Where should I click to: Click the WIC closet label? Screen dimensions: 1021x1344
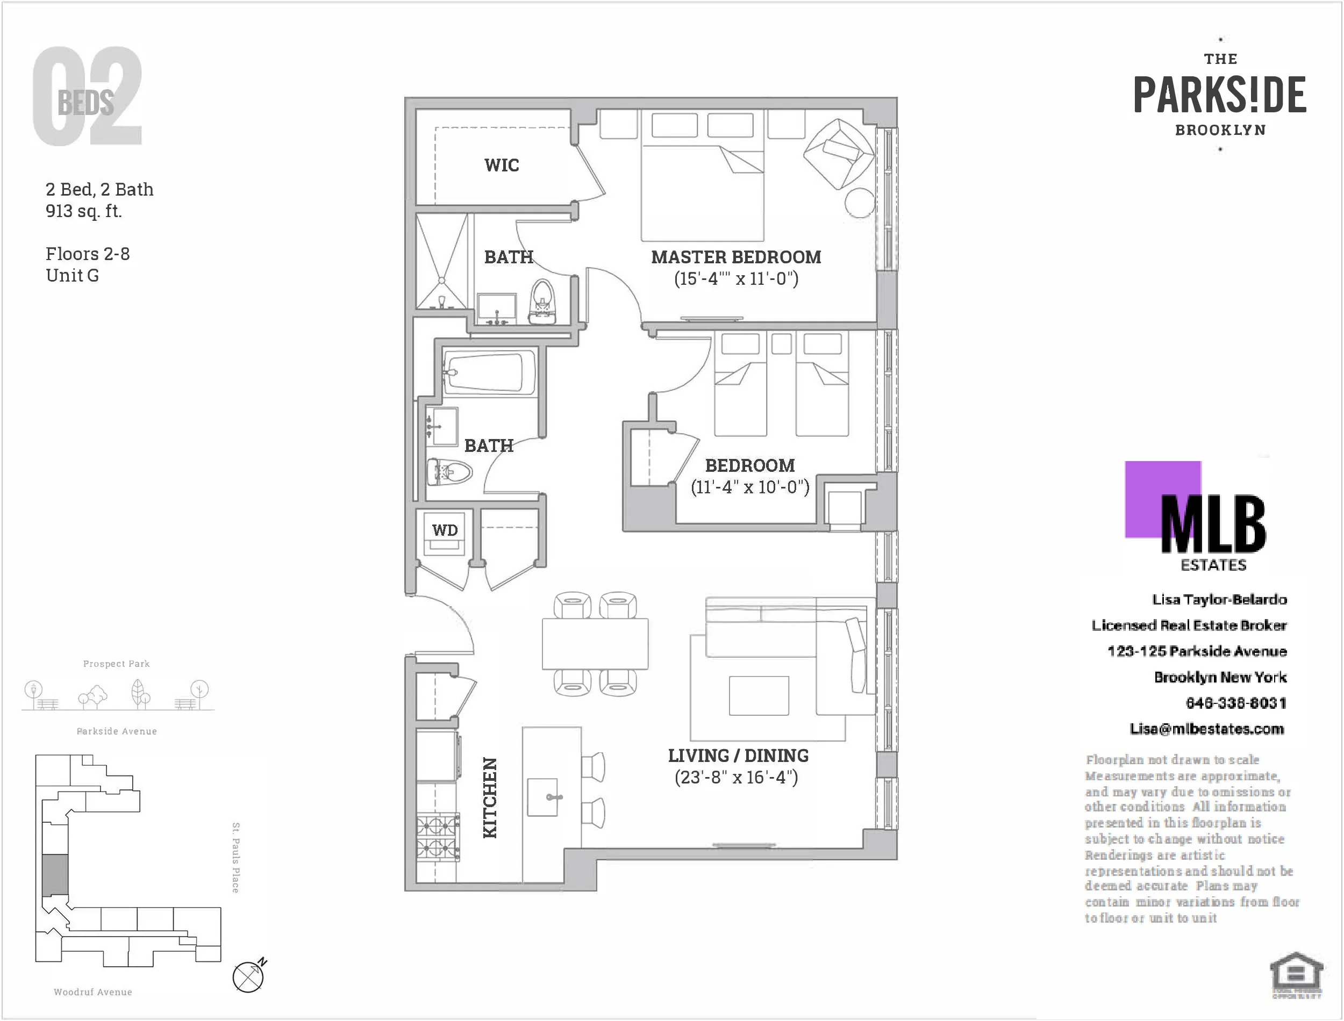click(502, 166)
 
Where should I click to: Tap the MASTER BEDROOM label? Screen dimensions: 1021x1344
click(735, 257)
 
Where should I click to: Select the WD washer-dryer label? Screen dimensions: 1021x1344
click(445, 530)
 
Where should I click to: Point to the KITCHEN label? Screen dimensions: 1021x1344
click(490, 797)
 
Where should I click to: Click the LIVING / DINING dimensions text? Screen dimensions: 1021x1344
click(735, 777)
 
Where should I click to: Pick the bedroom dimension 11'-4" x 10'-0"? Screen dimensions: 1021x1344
click(749, 487)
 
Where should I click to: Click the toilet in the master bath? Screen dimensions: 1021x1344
click(543, 302)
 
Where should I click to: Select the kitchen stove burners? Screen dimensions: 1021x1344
click(437, 836)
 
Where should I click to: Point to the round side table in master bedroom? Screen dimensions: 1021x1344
click(860, 203)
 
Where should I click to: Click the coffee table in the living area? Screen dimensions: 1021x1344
click(759, 695)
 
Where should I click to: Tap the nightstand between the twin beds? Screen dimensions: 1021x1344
click(781, 343)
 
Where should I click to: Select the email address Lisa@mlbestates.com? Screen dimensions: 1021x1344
click(1206, 729)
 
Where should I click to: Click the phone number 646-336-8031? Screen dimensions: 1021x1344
click(1235, 703)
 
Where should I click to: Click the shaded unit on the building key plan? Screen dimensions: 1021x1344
click(55, 874)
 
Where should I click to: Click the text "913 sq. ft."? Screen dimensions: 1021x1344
click(84, 211)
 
